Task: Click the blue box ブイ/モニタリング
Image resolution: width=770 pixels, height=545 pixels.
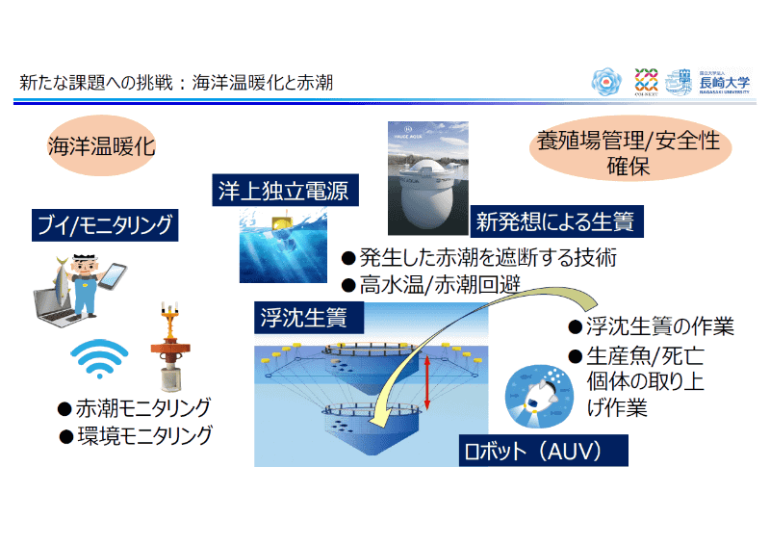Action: [x=104, y=226]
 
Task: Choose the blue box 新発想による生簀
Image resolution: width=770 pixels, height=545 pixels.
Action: [x=555, y=223]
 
